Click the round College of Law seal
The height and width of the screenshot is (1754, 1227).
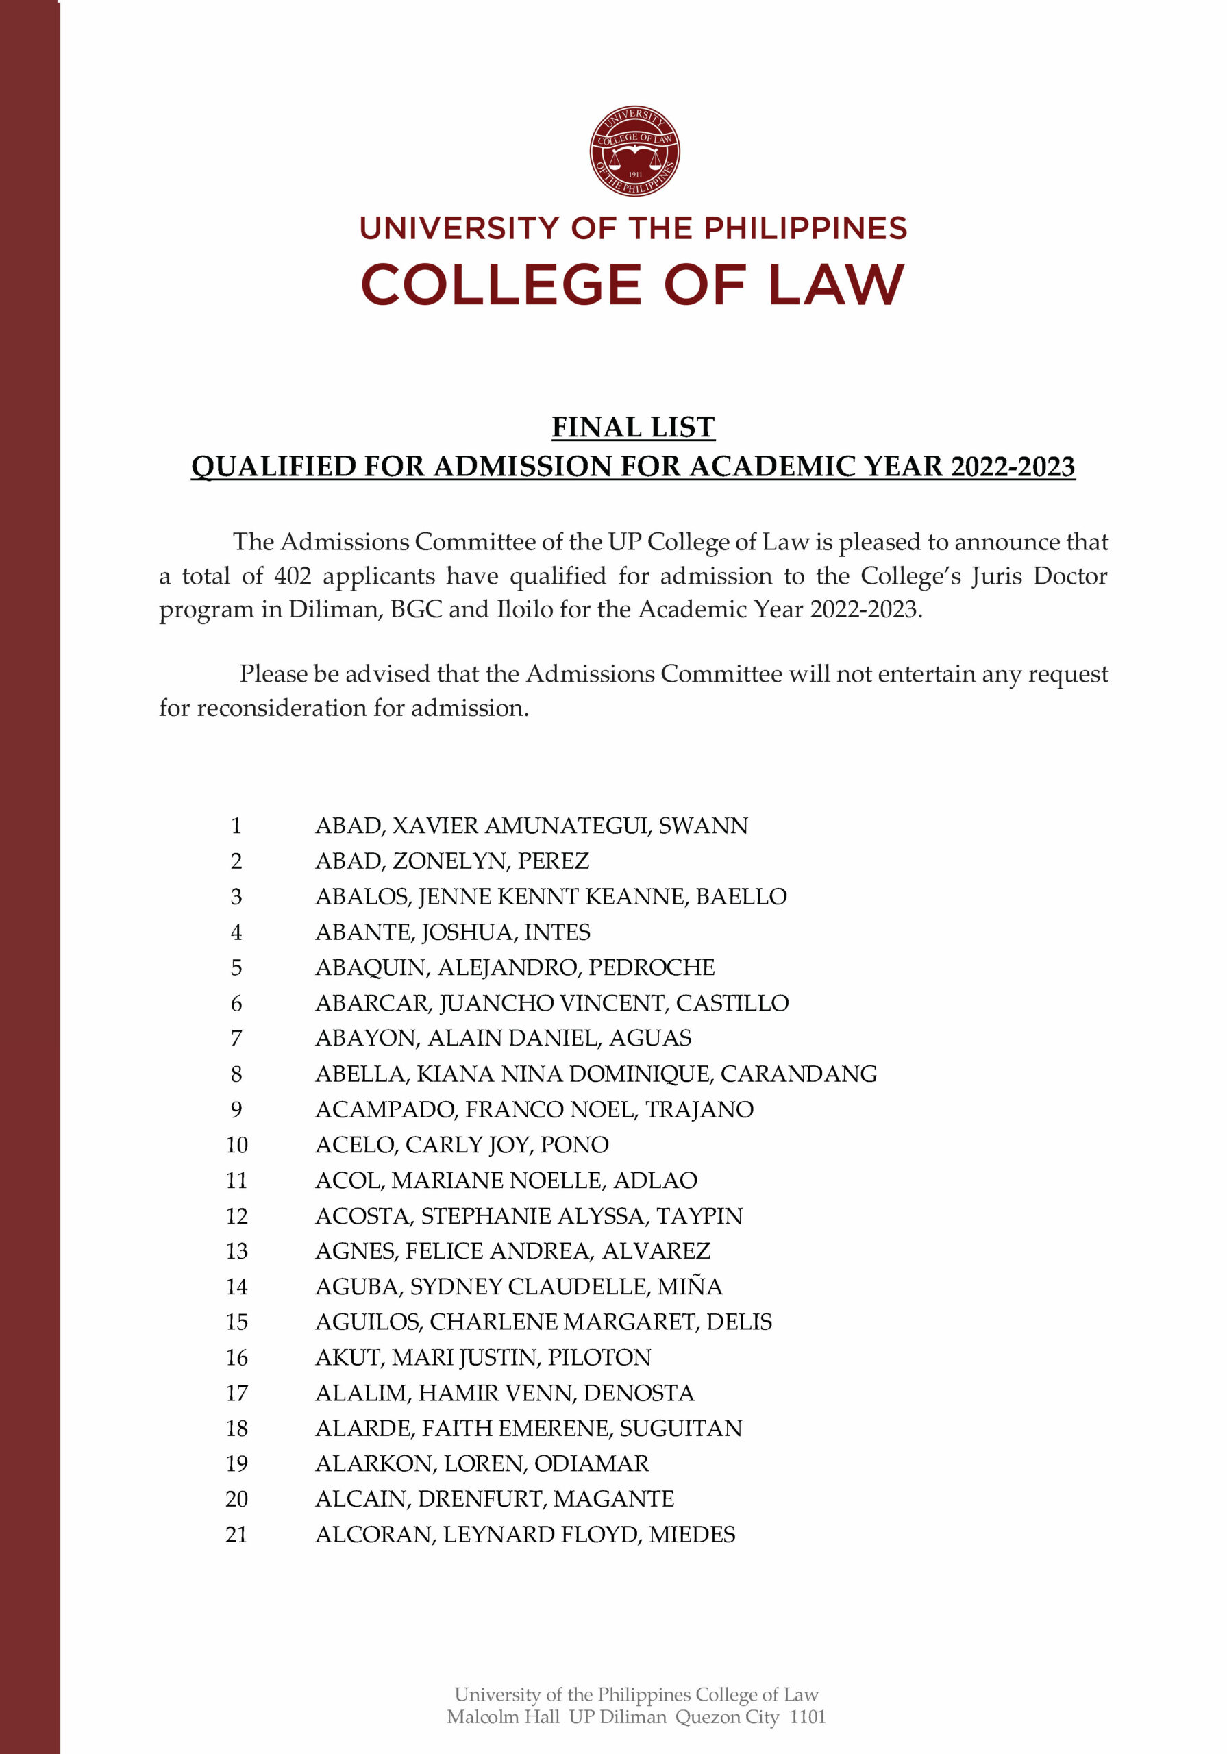click(x=634, y=151)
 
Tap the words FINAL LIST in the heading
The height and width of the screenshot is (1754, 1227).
click(x=632, y=427)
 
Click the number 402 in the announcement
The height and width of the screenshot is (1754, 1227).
click(x=292, y=576)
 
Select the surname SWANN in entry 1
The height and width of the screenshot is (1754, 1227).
click(x=703, y=826)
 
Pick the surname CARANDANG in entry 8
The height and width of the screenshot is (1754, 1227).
click(x=798, y=1074)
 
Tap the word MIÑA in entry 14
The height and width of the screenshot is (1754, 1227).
click(x=689, y=1287)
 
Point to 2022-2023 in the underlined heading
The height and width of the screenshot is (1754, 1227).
click(x=1013, y=467)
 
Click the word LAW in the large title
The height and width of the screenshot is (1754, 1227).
click(x=836, y=286)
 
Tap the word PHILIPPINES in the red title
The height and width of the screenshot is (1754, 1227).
click(x=805, y=227)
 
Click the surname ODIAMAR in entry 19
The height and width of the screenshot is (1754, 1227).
click(x=591, y=1463)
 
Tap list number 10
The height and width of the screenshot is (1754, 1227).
click(x=236, y=1144)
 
